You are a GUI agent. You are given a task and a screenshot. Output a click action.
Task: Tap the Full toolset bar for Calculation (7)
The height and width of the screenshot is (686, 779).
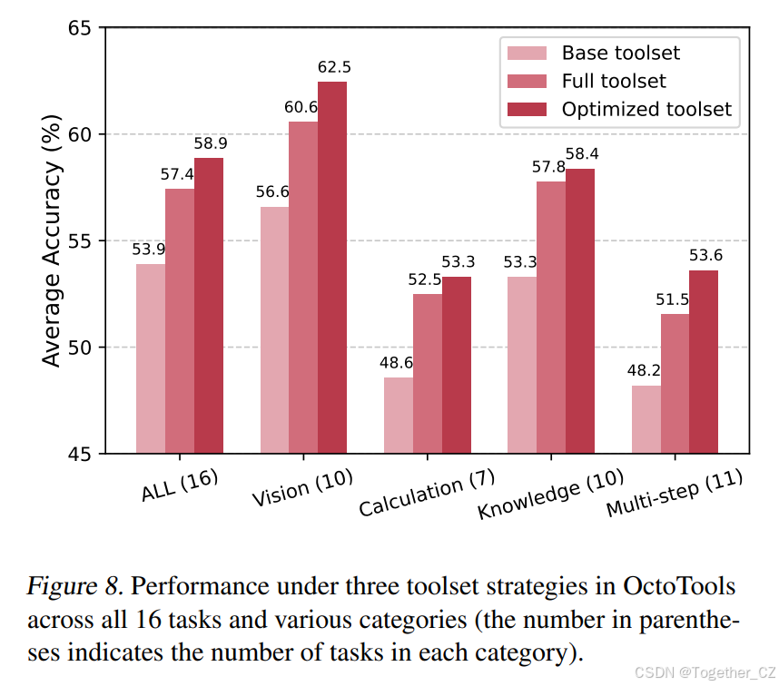click(x=427, y=373)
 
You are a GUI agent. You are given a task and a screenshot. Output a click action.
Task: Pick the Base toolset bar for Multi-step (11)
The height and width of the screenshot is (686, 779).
click(x=646, y=418)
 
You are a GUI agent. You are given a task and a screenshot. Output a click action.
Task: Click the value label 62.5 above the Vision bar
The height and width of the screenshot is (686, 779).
click(x=333, y=67)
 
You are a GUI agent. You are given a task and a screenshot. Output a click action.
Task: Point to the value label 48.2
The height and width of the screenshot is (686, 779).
click(x=644, y=371)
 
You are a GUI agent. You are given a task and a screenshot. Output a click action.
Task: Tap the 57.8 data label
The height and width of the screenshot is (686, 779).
click(x=549, y=167)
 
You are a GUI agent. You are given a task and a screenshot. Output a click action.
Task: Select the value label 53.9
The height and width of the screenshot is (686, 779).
click(x=150, y=249)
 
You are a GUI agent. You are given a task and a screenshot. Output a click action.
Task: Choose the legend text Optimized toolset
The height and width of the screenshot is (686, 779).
click(x=646, y=109)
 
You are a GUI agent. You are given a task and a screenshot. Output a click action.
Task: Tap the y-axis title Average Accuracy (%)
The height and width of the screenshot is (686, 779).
click(x=52, y=240)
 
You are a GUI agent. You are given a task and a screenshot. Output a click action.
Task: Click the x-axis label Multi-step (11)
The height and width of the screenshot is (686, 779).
click(x=675, y=494)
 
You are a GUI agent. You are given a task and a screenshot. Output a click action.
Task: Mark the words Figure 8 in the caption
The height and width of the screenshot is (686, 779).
click(x=74, y=585)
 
